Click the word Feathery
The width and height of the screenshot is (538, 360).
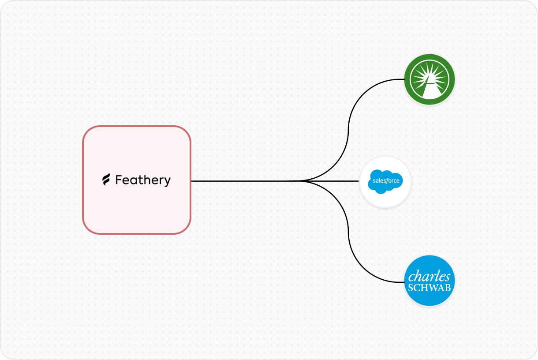pyautogui.click(x=143, y=180)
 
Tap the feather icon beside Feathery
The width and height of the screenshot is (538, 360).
pyautogui.click(x=106, y=180)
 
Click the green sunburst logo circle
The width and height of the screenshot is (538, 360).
pyautogui.click(x=429, y=79)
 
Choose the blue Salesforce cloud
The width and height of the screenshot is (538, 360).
pyautogui.click(x=385, y=181)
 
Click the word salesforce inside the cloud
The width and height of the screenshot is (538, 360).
pyautogui.click(x=386, y=181)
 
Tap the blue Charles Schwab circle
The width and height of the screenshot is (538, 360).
pyautogui.click(x=429, y=281)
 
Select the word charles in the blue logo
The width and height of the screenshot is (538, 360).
pyautogui.click(x=429, y=277)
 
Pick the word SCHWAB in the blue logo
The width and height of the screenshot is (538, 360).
pyautogui.click(x=429, y=288)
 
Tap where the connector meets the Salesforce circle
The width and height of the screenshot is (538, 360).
pyautogui.click(x=359, y=181)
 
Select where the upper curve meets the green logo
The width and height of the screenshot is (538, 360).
pyautogui.click(x=404, y=79)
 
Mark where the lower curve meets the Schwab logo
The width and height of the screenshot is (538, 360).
pyautogui.click(x=404, y=282)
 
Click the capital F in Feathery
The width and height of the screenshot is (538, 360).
pyautogui.click(x=119, y=180)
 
